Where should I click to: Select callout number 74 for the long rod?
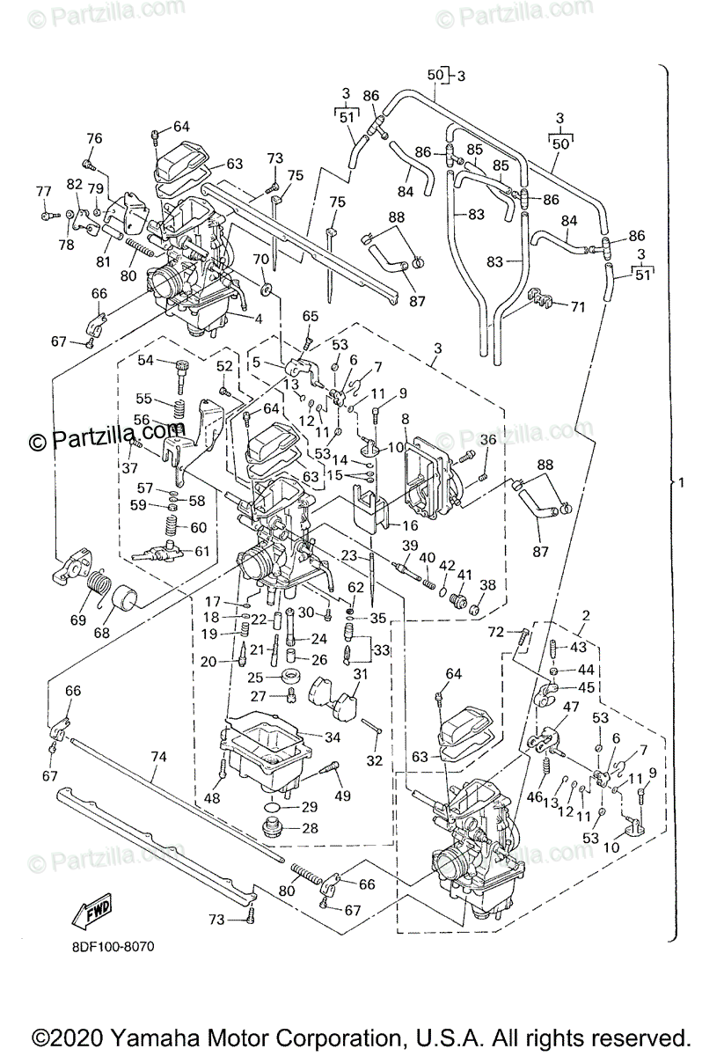(x=158, y=756)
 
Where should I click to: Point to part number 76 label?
(x=94, y=139)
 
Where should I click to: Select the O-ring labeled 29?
(x=274, y=806)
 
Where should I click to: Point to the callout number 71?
(x=577, y=307)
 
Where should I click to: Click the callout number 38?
(x=487, y=584)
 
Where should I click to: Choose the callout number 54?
(x=145, y=360)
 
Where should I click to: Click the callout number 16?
(x=410, y=525)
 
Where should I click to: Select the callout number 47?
(x=571, y=708)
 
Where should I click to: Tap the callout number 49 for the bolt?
(x=342, y=796)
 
